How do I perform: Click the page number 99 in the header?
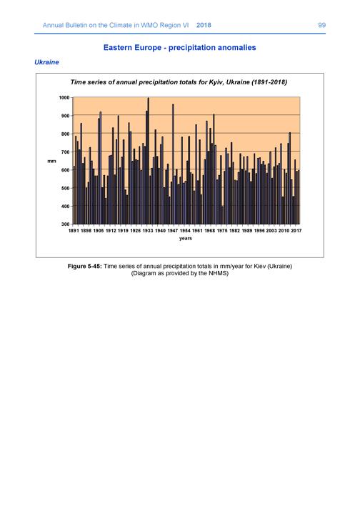click(321, 25)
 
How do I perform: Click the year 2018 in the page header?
click(204, 25)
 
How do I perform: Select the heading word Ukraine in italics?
click(46, 62)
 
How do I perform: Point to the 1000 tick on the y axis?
click(64, 97)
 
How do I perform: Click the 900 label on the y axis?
click(65, 116)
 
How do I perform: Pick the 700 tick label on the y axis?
click(65, 152)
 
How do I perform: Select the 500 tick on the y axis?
click(65, 188)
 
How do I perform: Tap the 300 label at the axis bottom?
click(65, 224)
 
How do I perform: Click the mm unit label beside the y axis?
click(51, 161)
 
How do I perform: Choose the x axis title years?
click(186, 238)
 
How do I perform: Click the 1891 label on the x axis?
click(74, 230)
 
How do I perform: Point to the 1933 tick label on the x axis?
click(148, 230)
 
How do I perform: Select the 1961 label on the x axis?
click(197, 230)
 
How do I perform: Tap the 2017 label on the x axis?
click(296, 230)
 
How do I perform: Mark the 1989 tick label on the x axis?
click(247, 230)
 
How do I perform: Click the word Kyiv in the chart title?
click(216, 82)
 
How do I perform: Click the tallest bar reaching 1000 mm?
click(149, 161)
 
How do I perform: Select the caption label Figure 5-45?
click(85, 266)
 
